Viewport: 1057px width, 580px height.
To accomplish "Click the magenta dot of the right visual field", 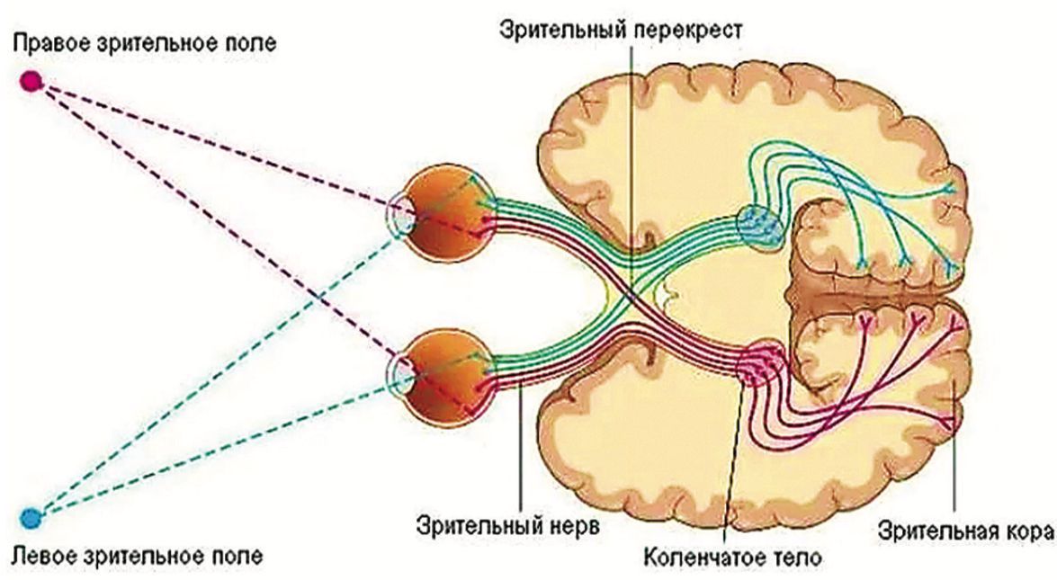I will click(31, 82).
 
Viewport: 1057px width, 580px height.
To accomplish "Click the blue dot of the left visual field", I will click(31, 518).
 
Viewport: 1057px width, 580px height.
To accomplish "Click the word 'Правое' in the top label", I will click(58, 42).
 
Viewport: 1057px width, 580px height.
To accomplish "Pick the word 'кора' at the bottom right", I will click(1026, 529).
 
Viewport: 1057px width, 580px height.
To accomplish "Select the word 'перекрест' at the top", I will click(701, 29).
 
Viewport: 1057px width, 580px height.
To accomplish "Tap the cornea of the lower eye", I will click(397, 372).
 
